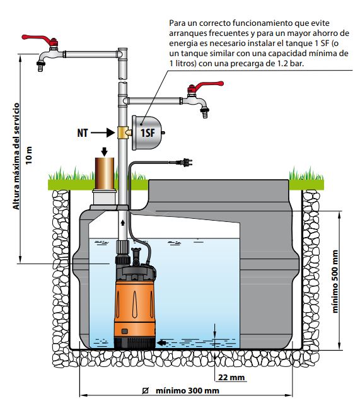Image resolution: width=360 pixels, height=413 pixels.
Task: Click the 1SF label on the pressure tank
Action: point(148,133)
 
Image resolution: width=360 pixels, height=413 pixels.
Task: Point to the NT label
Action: point(83,133)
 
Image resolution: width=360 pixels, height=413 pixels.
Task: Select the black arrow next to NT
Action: point(103,132)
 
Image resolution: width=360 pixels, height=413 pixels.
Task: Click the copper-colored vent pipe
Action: point(105,173)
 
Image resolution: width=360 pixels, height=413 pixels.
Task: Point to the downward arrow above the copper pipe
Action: point(105,152)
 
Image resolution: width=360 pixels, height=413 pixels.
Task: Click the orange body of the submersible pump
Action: point(134,309)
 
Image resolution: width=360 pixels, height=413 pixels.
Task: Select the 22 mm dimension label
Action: point(231,378)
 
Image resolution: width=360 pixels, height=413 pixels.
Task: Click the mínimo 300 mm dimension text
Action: point(187,390)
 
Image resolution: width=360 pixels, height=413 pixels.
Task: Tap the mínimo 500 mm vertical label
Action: point(335,281)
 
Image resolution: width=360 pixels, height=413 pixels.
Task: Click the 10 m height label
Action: point(28,155)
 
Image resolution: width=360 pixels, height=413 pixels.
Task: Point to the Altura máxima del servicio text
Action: point(16,156)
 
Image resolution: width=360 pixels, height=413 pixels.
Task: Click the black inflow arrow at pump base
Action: point(161,342)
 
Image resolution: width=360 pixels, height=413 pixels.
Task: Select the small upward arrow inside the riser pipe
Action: point(123,223)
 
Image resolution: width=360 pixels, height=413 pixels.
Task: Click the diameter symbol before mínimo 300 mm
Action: point(145,390)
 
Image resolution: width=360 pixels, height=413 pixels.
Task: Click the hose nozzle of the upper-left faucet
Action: point(41,66)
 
